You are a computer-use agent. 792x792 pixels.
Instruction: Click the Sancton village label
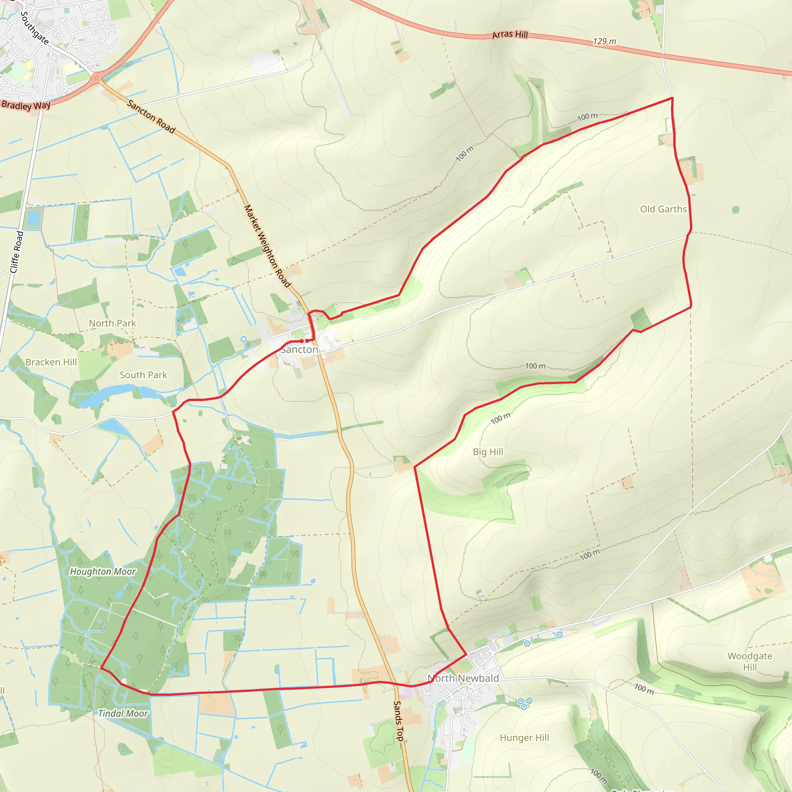coord(299,350)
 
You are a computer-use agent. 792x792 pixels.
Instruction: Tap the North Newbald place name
coord(463,678)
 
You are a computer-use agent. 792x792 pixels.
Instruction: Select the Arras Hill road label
coord(510,34)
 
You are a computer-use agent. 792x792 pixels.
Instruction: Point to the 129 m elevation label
coord(604,41)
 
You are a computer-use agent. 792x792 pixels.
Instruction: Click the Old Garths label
coord(663,209)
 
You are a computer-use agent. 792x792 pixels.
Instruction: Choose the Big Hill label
coord(488,452)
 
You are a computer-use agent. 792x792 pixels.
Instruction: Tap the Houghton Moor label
coord(102,572)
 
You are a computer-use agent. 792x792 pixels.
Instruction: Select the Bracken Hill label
coord(51,362)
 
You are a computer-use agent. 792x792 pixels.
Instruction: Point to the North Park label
coord(112,323)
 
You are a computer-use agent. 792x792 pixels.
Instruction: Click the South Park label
coord(143,375)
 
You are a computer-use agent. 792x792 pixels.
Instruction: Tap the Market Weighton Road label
coord(267,246)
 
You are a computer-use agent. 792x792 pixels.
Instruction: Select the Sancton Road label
coord(151,116)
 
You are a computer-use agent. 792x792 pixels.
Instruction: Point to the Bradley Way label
coord(26,105)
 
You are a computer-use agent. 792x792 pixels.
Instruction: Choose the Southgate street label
coord(35,28)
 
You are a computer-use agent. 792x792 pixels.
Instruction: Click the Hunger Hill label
coord(524,738)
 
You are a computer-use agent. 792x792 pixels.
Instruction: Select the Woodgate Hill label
coord(750,662)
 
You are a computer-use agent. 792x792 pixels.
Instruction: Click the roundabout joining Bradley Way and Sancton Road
coord(96,77)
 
